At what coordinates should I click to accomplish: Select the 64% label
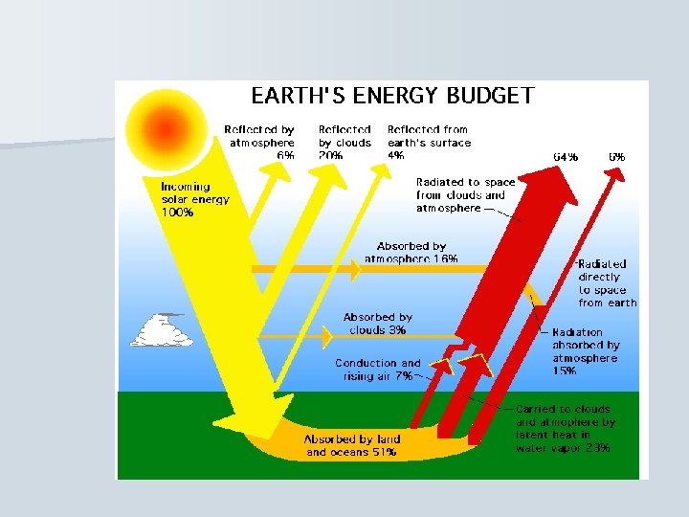[566, 156]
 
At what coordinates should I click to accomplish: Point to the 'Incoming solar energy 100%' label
[194, 200]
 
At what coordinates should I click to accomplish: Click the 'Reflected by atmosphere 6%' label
[259, 142]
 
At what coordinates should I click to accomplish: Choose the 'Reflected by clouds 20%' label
[344, 142]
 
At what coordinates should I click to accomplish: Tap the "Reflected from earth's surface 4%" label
[429, 142]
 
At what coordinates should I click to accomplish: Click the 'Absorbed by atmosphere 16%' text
[411, 253]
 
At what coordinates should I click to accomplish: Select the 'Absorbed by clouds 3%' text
[377, 324]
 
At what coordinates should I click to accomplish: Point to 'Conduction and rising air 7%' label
[377, 370]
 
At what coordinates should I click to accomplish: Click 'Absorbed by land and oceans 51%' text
[352, 445]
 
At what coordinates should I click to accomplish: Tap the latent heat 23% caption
[565, 428]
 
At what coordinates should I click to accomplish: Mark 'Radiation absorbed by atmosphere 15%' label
[585, 351]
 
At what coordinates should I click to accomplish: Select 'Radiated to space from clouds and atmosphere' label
[465, 194]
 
